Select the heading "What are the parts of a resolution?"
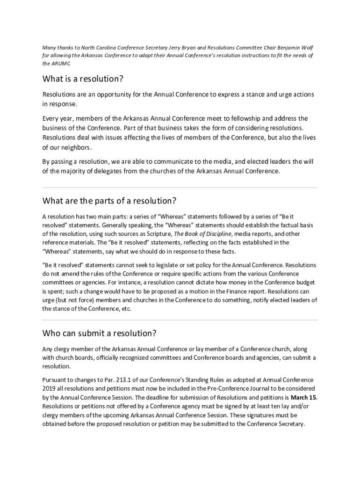[109, 201]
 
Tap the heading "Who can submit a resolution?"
[99, 334]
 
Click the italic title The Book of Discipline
[202, 234]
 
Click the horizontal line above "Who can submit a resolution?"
[180, 320]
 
